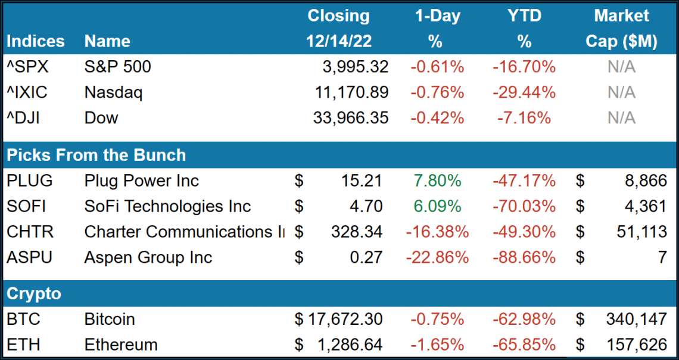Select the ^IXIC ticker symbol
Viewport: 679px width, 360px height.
[x=27, y=92]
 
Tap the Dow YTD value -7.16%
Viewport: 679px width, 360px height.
[x=524, y=118]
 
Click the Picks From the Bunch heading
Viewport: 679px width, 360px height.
[x=96, y=155]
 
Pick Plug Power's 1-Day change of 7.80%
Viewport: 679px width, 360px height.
[x=437, y=181]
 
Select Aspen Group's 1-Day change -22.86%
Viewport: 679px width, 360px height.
[x=437, y=257]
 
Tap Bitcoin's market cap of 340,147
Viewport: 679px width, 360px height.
[x=633, y=319]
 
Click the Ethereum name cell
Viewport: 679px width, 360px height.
[x=121, y=345]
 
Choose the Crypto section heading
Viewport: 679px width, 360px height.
[x=34, y=293]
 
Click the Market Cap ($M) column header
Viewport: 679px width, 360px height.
[x=621, y=28]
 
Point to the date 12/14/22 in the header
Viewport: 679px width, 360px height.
[x=338, y=41]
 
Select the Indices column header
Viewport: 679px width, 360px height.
[x=36, y=41]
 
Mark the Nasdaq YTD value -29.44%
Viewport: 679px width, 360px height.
[x=524, y=92]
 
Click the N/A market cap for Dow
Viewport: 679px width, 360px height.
[x=621, y=118]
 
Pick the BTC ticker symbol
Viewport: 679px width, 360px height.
[x=23, y=319]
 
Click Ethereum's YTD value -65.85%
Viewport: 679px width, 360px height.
[x=524, y=345]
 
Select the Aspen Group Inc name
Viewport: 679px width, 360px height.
[x=148, y=257]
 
